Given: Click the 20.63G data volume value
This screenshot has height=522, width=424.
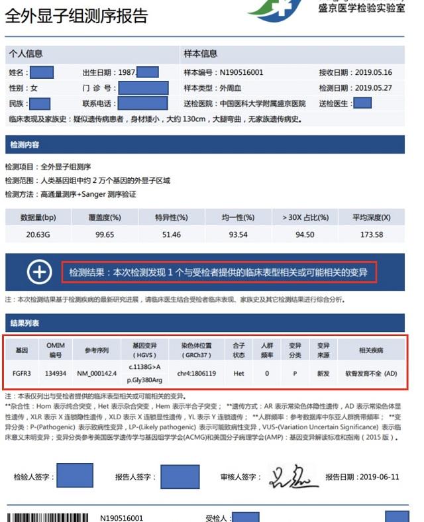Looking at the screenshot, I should point(37,235).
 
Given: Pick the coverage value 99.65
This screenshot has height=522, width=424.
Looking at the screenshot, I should point(105,235).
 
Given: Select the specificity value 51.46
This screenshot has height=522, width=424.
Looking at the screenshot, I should point(172,235).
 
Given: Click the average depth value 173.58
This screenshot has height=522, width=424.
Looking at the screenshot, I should point(370,235).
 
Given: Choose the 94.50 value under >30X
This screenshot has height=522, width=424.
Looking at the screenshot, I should point(304,235).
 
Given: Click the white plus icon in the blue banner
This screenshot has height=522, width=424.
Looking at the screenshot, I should point(39,272).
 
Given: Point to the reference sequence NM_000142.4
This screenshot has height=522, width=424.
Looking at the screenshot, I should point(96,373).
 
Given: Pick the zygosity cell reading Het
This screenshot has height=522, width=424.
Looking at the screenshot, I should point(238,373).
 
